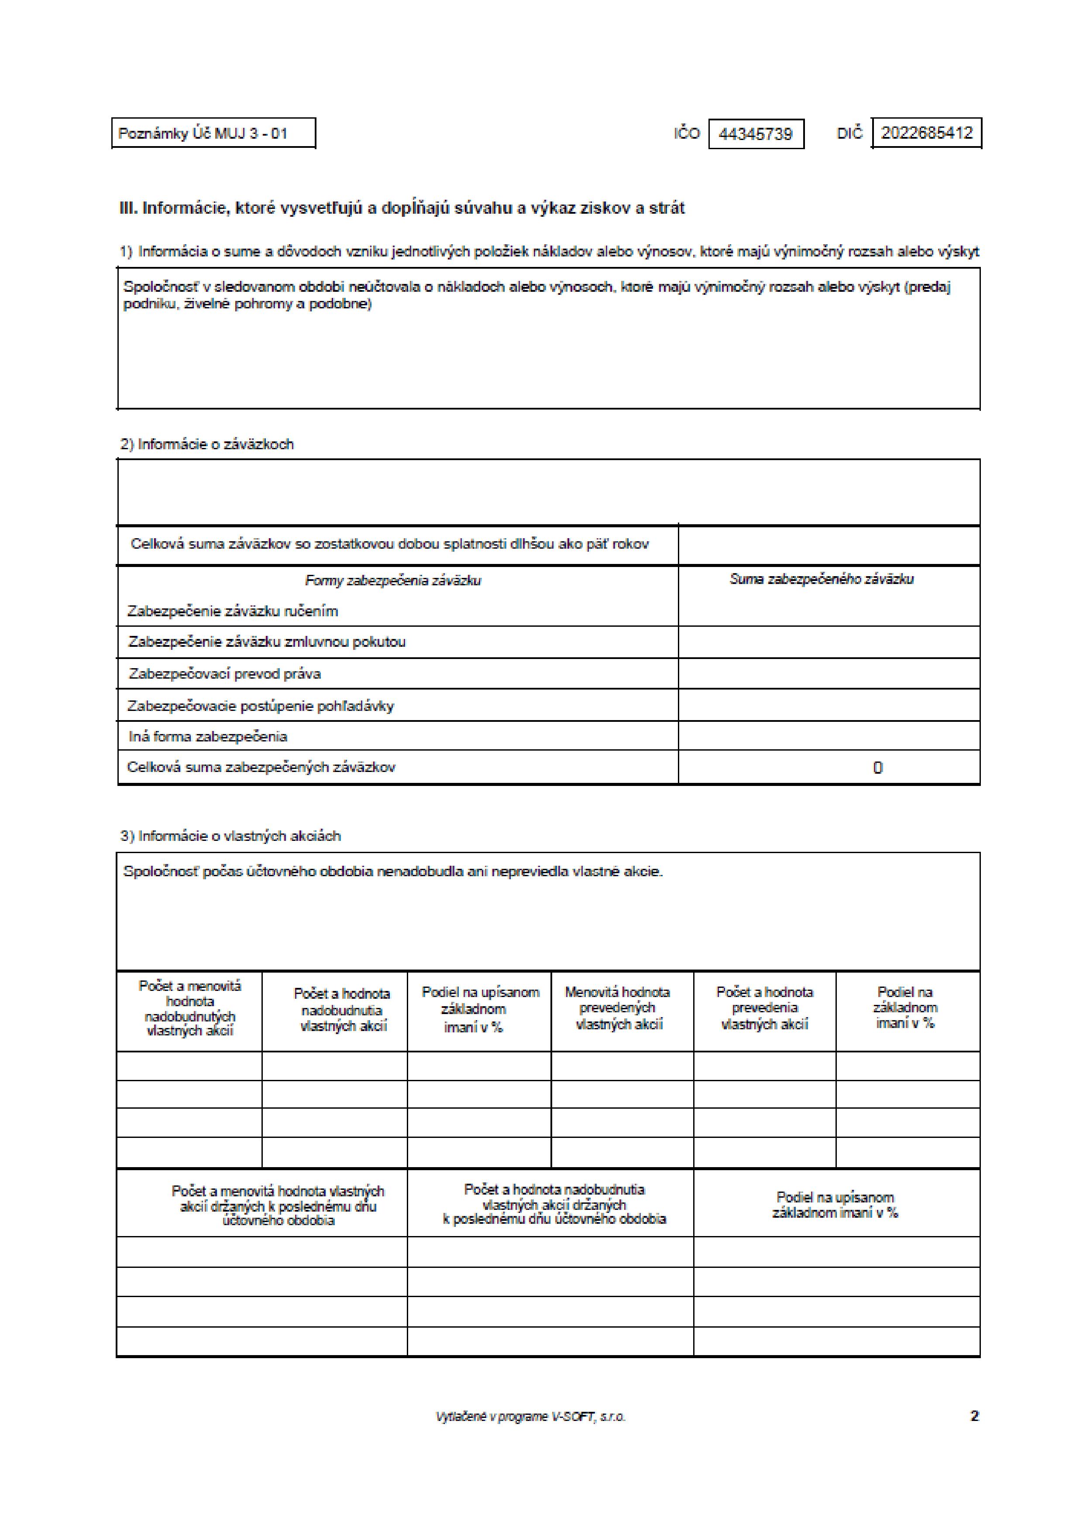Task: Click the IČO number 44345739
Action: [756, 134]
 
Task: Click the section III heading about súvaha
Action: [402, 208]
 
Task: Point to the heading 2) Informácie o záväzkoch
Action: [207, 444]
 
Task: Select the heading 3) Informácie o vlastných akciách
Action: [230, 836]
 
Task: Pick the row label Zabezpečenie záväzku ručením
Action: [232, 611]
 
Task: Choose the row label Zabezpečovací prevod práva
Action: [225, 674]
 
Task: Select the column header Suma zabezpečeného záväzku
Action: [821, 579]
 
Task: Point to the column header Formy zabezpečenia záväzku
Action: [393, 581]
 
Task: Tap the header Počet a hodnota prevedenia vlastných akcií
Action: [764, 1008]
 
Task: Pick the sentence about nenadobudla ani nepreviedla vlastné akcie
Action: [393, 871]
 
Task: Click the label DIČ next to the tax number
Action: [849, 133]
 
